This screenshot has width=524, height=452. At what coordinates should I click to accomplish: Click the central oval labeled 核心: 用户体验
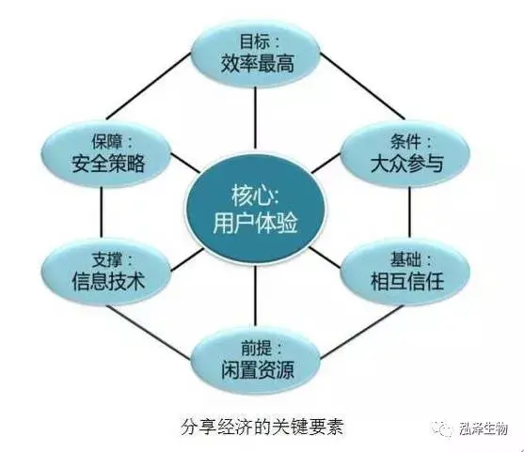(x=255, y=208)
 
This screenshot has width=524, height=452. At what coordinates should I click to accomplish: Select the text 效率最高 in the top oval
(x=258, y=64)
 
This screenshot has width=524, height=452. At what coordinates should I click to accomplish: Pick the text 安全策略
(x=108, y=164)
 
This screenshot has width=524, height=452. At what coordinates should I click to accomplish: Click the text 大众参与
(x=407, y=164)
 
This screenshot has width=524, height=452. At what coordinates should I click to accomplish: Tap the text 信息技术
(x=108, y=281)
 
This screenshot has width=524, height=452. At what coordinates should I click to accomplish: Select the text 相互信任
(x=407, y=281)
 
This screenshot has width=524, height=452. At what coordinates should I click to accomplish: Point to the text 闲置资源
(x=258, y=370)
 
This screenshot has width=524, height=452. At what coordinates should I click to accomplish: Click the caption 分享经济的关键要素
(x=262, y=427)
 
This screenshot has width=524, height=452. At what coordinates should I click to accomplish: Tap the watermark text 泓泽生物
(x=484, y=429)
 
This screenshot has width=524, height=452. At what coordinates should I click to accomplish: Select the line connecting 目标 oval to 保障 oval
(x=149, y=86)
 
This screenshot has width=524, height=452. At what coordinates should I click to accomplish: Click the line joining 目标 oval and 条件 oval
(x=362, y=86)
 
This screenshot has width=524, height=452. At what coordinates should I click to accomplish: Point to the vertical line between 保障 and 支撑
(x=101, y=212)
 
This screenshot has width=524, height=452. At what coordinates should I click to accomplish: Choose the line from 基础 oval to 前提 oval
(x=361, y=332)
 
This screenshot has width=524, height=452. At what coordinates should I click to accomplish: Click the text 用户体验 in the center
(x=255, y=223)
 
